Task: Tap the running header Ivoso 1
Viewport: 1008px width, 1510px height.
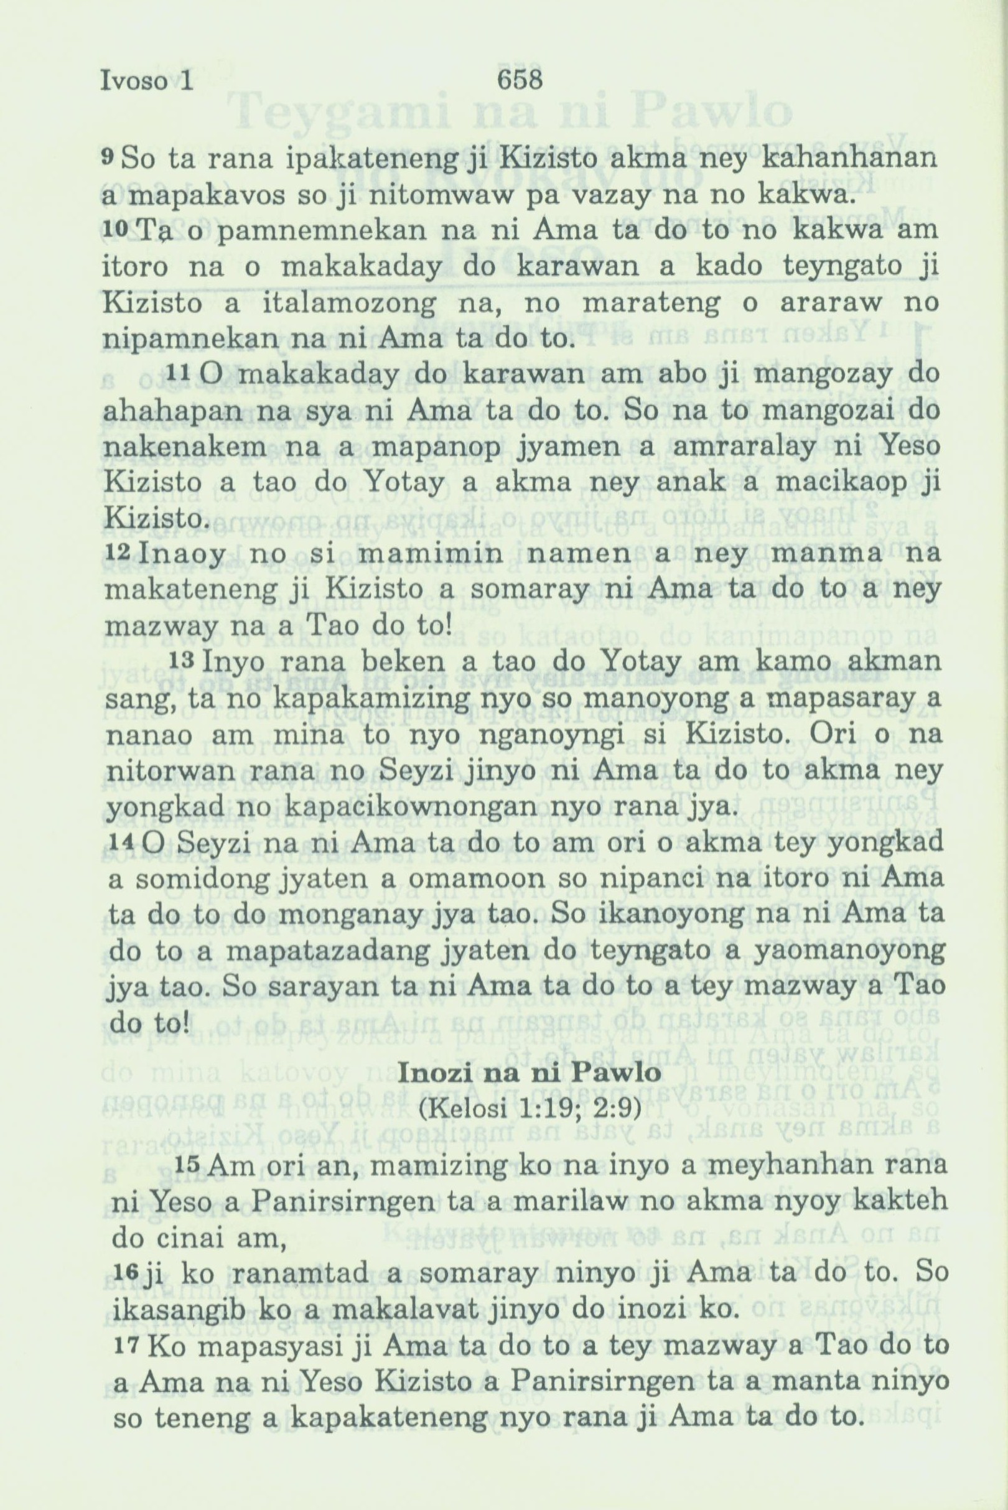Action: (x=147, y=82)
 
